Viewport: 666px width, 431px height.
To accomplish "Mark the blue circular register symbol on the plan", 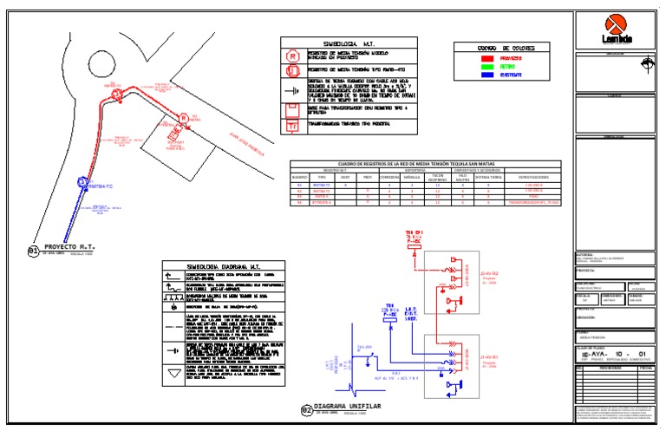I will click(x=82, y=182).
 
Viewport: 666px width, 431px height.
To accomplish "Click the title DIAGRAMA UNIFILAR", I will click(x=347, y=405).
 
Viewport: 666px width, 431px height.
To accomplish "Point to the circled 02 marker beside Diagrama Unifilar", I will click(x=305, y=410).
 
